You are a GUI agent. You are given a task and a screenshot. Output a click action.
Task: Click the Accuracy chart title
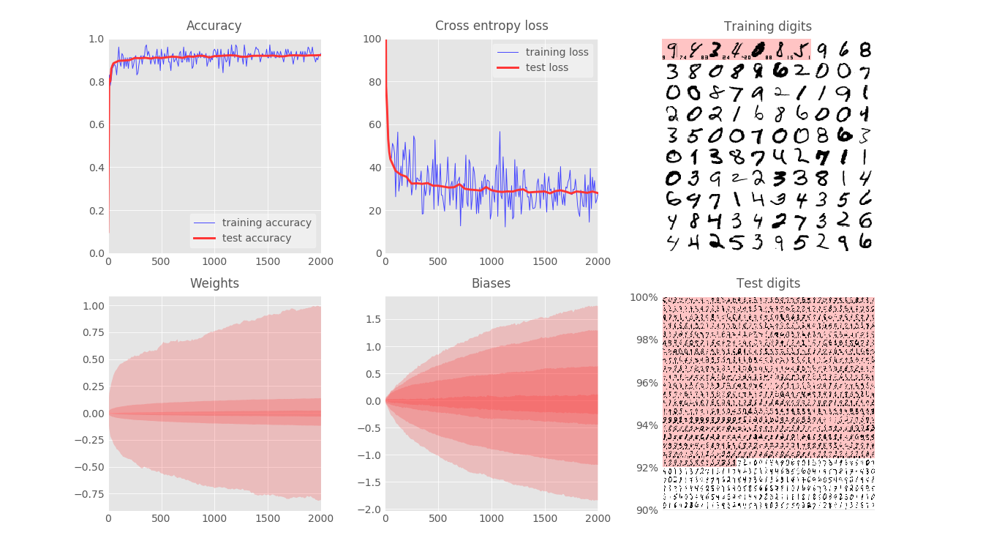point(214,26)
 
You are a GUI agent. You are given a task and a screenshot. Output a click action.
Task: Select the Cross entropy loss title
point(491,26)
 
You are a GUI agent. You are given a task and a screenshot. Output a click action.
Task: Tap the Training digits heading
point(768,27)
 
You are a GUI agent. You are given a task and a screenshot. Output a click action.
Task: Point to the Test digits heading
point(768,283)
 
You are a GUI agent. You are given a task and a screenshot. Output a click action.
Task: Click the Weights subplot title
point(214,283)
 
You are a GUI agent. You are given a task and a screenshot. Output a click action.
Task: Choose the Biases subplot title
point(491,283)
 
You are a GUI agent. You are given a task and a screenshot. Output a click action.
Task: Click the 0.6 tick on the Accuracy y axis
point(96,125)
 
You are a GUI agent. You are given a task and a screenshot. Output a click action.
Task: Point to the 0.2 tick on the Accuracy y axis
point(96,211)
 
